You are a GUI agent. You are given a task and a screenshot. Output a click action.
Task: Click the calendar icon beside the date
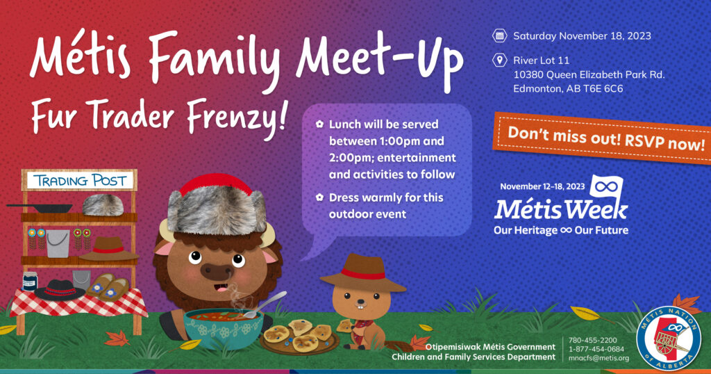click(x=499, y=36)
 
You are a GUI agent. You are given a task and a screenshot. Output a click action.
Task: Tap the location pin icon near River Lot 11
click(x=499, y=60)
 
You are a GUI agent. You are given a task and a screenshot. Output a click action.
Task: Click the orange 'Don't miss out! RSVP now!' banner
click(x=602, y=138)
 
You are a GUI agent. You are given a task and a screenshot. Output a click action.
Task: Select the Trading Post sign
click(x=79, y=181)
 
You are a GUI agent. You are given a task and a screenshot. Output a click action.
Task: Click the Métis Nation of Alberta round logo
click(x=669, y=338)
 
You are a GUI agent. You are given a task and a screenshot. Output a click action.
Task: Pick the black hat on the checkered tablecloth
click(x=60, y=290)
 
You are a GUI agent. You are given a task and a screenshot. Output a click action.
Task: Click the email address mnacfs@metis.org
click(x=599, y=358)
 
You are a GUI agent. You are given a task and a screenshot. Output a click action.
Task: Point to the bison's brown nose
click(x=217, y=271)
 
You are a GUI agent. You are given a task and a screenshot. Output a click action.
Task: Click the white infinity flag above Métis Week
click(x=607, y=187)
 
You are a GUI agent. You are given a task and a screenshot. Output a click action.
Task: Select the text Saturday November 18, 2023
click(x=582, y=36)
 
